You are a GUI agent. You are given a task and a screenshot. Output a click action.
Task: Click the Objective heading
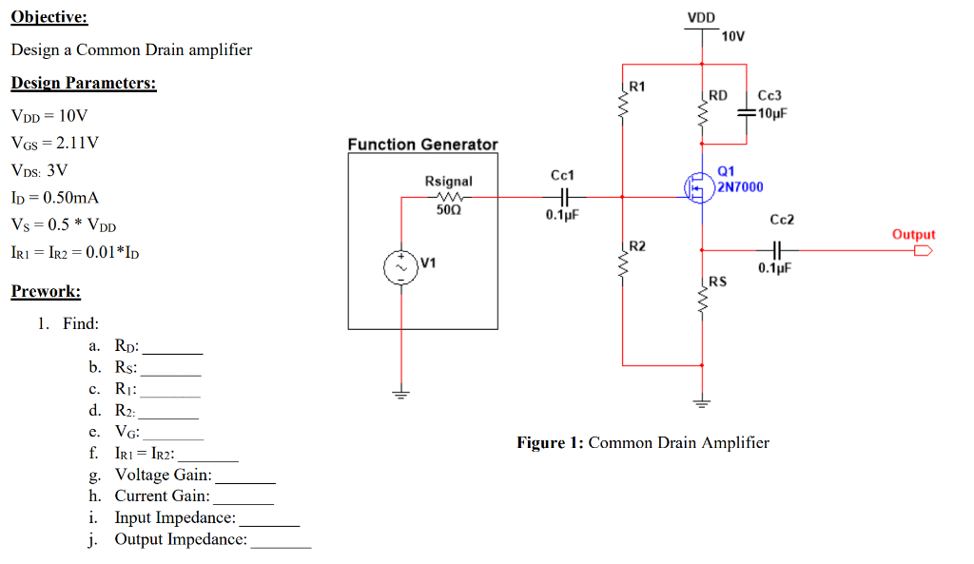pyautogui.click(x=49, y=17)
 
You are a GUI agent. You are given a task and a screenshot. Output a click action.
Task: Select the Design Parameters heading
pyautogui.click(x=84, y=83)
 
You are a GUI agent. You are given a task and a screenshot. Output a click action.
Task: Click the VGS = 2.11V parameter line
pyautogui.click(x=54, y=144)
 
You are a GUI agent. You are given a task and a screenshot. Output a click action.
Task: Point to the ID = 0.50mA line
pyautogui.click(x=54, y=198)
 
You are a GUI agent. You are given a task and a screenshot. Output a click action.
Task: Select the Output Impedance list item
pyautogui.click(x=181, y=539)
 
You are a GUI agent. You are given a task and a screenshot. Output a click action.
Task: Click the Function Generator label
pyautogui.click(x=422, y=145)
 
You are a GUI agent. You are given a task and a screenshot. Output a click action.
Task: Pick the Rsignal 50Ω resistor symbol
pyautogui.click(x=448, y=197)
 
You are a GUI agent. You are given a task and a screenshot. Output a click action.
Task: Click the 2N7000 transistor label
pyautogui.click(x=740, y=187)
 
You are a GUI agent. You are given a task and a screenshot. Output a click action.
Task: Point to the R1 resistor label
pyautogui.click(x=637, y=87)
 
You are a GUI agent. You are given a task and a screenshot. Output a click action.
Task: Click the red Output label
pyautogui.click(x=913, y=234)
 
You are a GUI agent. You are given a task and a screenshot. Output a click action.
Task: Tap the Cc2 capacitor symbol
pyautogui.click(x=777, y=251)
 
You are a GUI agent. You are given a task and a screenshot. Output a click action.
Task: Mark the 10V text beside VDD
pyautogui.click(x=733, y=36)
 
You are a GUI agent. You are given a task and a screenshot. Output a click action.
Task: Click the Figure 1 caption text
pyautogui.click(x=643, y=442)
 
